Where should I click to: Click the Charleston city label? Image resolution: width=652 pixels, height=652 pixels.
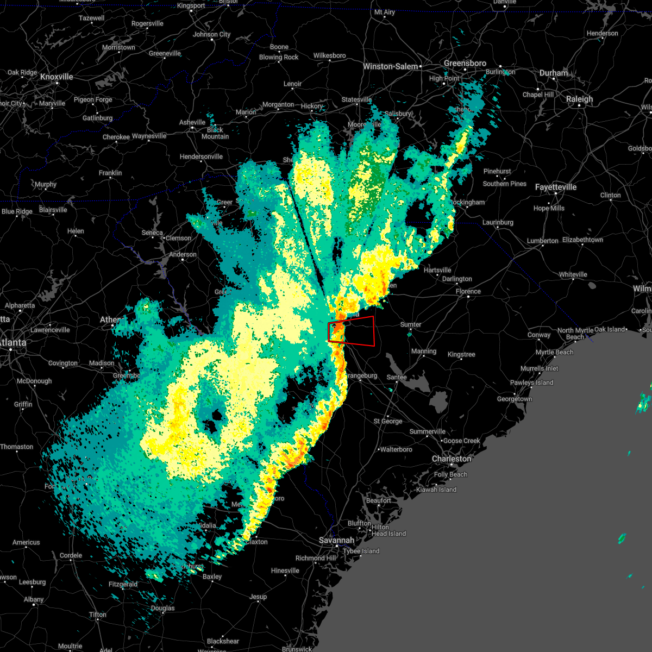[x=452, y=459]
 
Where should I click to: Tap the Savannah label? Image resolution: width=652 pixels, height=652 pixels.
[x=336, y=541]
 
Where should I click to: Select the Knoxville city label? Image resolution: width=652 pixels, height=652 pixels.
[x=57, y=77]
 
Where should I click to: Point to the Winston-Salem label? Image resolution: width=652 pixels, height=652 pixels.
[x=391, y=67]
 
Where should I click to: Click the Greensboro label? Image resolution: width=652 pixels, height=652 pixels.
[x=465, y=64]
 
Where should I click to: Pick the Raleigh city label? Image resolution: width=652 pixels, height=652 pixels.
[x=579, y=99]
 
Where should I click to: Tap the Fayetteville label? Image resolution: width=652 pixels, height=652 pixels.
[x=556, y=187]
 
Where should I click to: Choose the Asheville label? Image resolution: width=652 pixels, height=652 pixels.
[x=192, y=123]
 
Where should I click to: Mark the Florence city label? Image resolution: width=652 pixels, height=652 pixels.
[x=468, y=292]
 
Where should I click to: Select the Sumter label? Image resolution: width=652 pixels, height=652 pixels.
[x=411, y=325]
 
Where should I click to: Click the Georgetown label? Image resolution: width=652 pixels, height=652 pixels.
[x=515, y=399]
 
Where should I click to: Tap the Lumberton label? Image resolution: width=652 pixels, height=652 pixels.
[x=542, y=241]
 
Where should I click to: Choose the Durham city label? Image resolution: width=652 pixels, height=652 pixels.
[x=554, y=73]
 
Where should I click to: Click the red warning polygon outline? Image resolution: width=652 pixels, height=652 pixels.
[x=374, y=331]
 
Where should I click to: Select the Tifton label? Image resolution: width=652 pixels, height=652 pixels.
[x=98, y=615]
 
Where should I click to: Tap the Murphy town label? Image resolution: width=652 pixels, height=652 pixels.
[x=46, y=185]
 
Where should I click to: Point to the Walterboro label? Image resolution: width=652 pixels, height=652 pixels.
[x=396, y=450]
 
